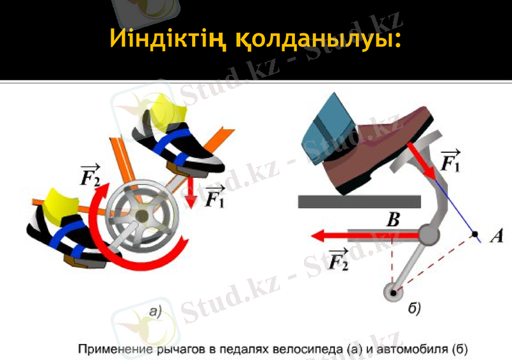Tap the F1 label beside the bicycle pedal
coord(215,196)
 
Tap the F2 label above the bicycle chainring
coord(90,174)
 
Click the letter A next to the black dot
coord(496,237)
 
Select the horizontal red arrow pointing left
coord(365,236)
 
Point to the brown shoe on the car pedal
coord(378,147)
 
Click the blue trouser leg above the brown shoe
coord(333,121)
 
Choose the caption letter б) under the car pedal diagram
coord(414,309)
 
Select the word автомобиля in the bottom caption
coord(416,350)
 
